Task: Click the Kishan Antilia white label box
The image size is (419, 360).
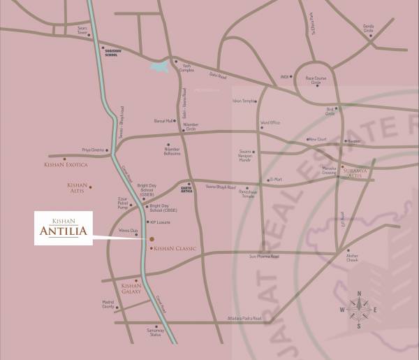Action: pos(64,228)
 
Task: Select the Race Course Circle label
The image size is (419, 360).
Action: pos(316,80)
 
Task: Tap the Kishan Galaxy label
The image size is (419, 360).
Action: pos(131,287)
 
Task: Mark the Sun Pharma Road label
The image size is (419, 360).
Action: pos(264,257)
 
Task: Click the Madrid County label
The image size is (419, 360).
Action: pos(108,305)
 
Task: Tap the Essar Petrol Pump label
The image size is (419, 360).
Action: pos(123,204)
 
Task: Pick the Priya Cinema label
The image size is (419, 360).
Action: pos(93,150)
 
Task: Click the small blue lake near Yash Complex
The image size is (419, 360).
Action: pos(160,67)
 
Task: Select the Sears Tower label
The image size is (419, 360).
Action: pos(83,32)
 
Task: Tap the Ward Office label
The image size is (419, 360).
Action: pos(270,122)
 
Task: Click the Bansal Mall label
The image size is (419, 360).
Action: pos(163,121)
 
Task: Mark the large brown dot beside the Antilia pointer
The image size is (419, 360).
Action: pos(151,240)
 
